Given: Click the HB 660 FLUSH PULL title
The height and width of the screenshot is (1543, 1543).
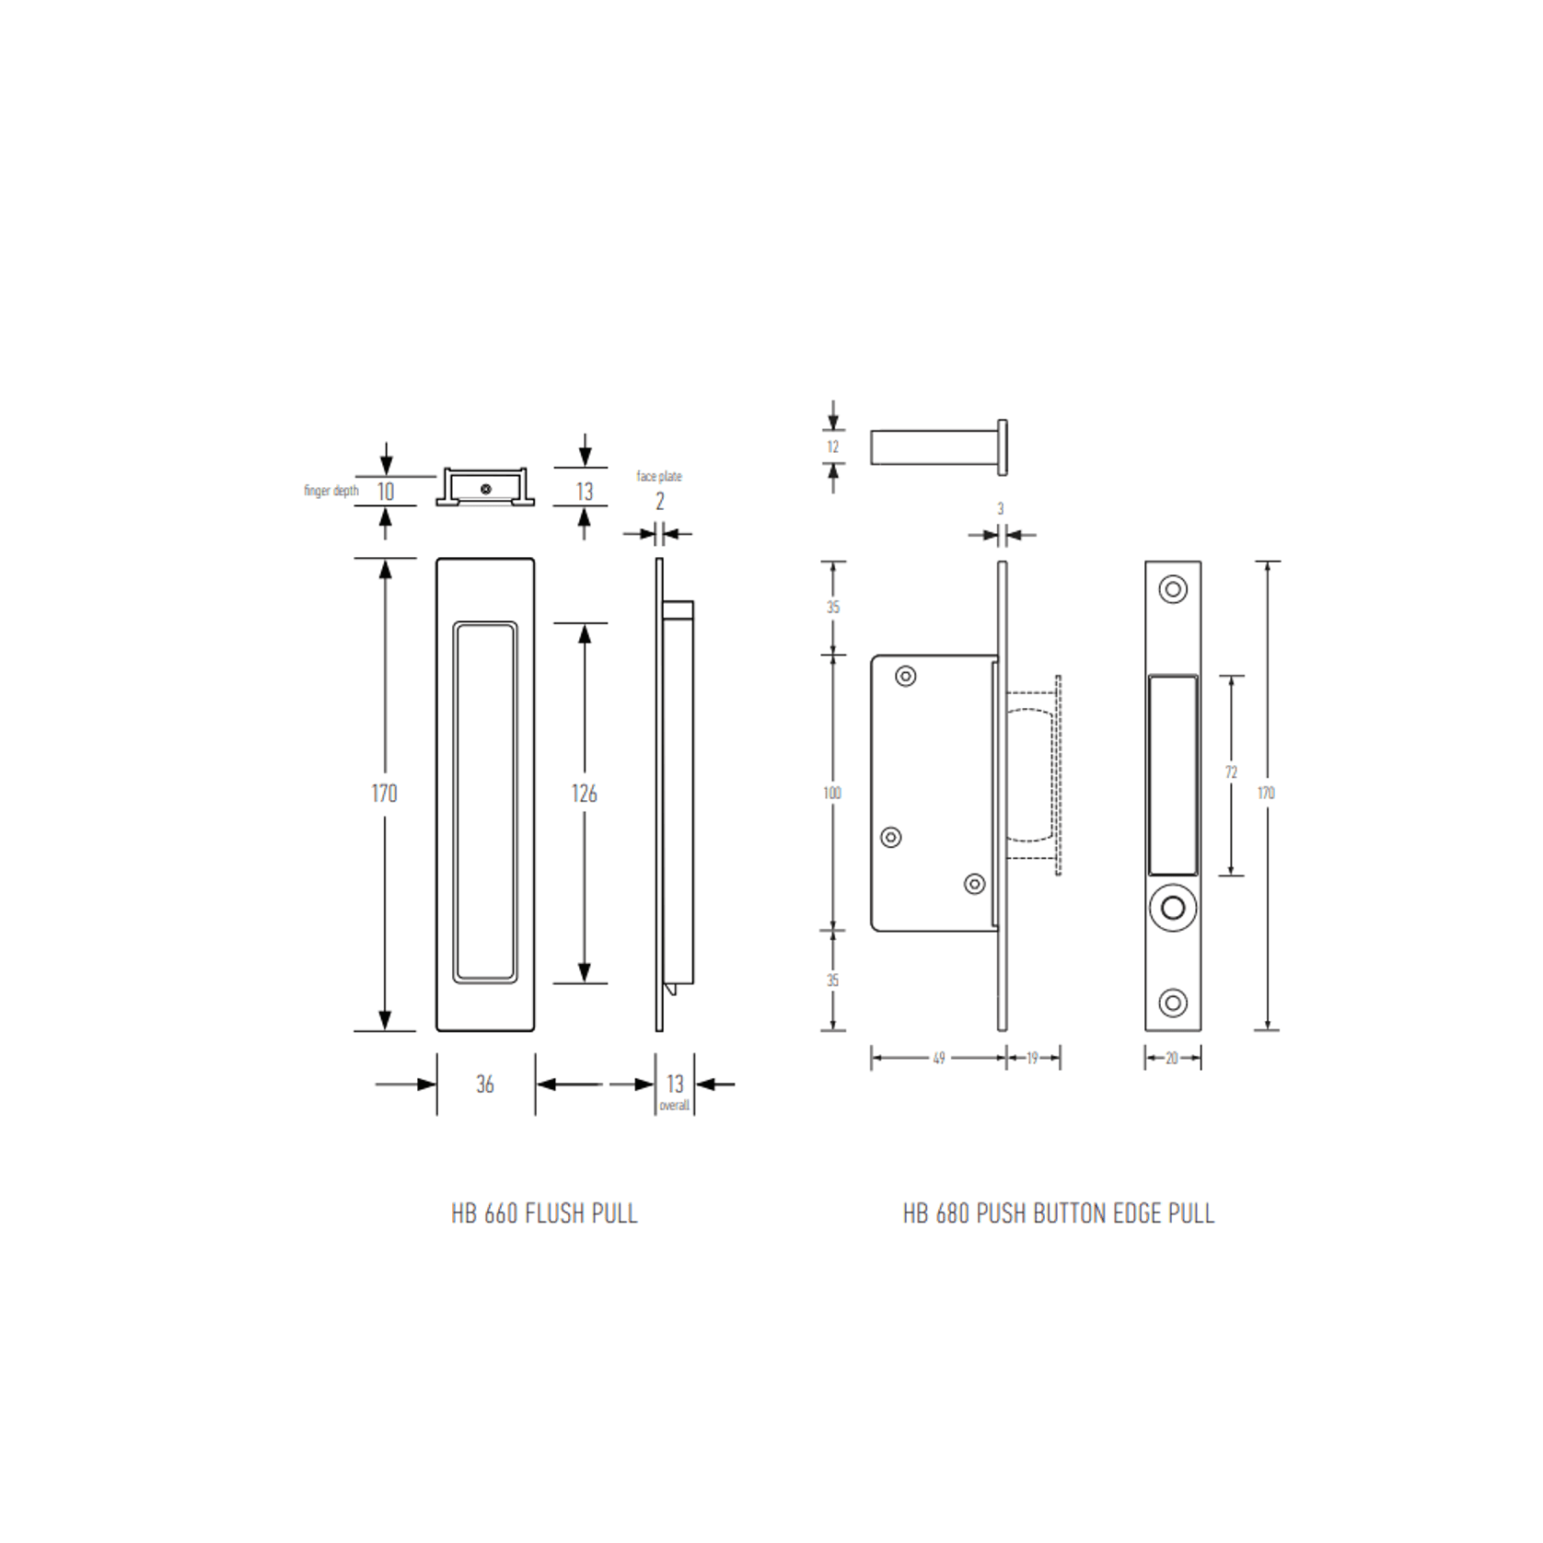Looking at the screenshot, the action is click(544, 1213).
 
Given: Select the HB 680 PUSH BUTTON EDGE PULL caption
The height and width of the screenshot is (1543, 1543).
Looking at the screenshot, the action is click(1058, 1213).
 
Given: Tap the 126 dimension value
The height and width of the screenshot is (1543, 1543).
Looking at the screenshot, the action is click(584, 794).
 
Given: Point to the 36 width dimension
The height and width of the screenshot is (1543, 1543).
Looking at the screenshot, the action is click(485, 1085).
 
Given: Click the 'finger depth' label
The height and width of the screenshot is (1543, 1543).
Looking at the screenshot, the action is click(331, 491).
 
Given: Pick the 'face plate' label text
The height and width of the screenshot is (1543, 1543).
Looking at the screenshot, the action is click(659, 476).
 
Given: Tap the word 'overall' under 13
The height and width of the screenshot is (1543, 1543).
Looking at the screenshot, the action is click(675, 1105).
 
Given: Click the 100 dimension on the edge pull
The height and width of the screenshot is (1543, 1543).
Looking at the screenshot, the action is click(832, 793).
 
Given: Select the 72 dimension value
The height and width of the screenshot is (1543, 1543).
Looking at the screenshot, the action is click(1231, 772).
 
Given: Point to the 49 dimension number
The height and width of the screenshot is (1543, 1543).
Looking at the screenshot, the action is click(939, 1058).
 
